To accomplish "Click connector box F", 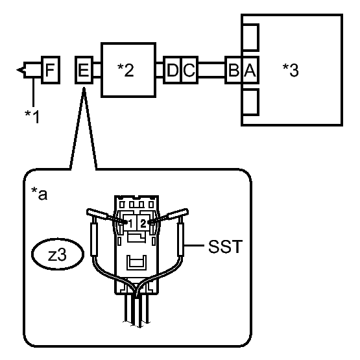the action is (x=51, y=70).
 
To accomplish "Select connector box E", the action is (x=84, y=70).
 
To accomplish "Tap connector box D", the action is (x=172, y=70).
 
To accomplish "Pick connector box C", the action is (x=189, y=70).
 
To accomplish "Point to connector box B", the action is (x=234, y=70).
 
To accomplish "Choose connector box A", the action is (x=250, y=70).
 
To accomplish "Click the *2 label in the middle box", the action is (x=125, y=70).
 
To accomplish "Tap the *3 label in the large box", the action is (x=291, y=70).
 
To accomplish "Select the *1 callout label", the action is (x=32, y=116).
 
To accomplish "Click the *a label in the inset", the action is (x=40, y=193).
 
